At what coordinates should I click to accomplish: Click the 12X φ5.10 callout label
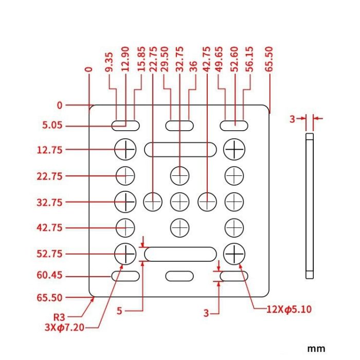click(x=289, y=309)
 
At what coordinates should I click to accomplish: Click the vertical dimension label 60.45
click(x=50, y=276)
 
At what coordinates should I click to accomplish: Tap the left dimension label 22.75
click(x=50, y=176)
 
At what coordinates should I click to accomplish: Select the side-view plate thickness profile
click(x=309, y=206)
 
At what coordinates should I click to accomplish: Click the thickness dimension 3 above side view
click(x=292, y=119)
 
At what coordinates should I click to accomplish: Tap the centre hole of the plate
click(x=179, y=201)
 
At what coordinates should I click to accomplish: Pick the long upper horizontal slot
click(x=179, y=150)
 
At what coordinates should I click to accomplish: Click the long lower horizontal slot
click(x=179, y=254)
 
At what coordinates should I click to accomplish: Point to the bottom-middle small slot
click(x=179, y=276)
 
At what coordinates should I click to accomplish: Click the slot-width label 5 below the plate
click(x=119, y=311)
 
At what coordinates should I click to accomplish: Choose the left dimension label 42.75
click(x=50, y=228)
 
